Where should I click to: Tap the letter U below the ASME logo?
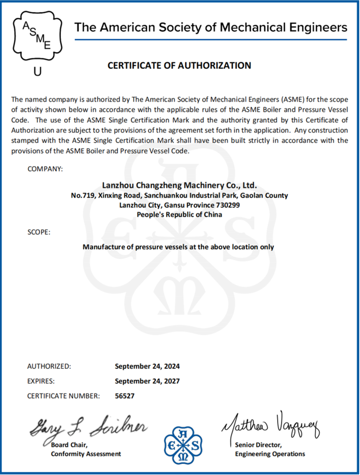coord(37,72)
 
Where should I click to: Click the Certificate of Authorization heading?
coord(179,66)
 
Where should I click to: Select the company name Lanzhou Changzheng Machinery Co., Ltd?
coord(180,185)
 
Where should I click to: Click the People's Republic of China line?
coord(180,215)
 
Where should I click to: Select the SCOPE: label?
coord(38,232)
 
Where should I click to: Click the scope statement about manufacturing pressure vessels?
coord(179,247)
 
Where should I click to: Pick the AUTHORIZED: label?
coord(49,366)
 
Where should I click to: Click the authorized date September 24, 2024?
coord(147,366)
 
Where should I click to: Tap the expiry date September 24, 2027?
coord(147,381)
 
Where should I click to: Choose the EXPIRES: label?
coord(41,381)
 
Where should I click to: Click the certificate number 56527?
coord(125,396)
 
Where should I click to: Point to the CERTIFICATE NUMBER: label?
coord(63,396)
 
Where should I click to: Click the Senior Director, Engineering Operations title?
coord(270,449)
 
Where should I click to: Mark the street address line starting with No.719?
coord(180,195)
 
